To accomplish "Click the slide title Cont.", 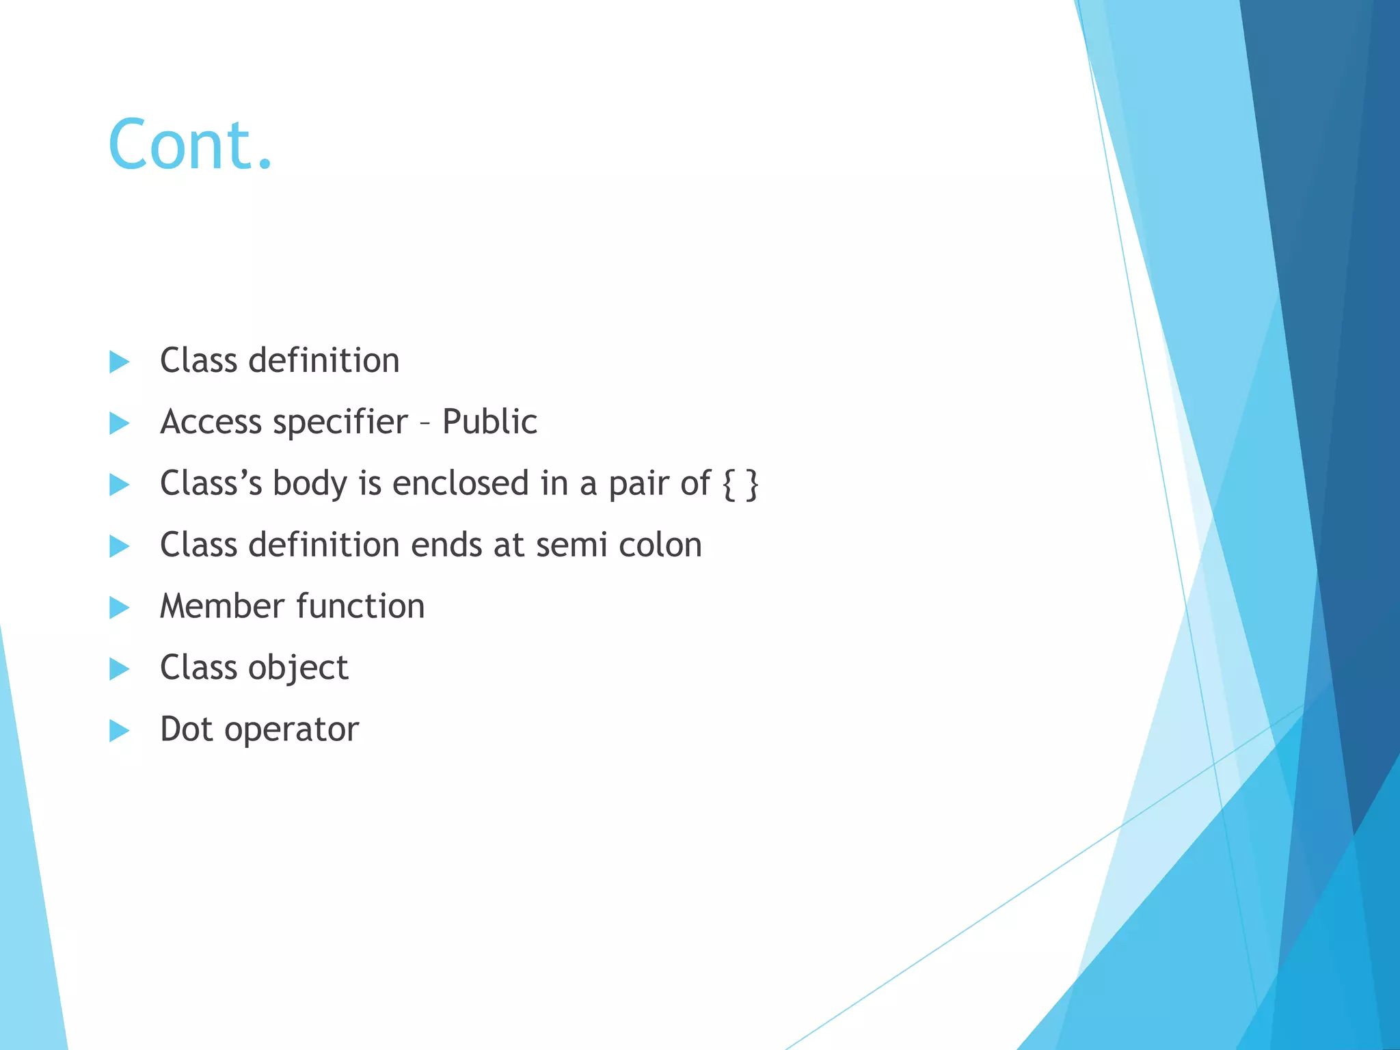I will [x=190, y=144].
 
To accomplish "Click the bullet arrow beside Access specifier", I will [x=120, y=423].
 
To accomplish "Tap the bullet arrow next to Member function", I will [x=120, y=607].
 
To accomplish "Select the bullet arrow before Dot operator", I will [x=120, y=730].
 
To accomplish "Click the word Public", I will [x=489, y=421].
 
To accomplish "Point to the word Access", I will [x=211, y=422].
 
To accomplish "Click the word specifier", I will [x=340, y=422].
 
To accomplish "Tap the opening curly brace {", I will [x=729, y=484].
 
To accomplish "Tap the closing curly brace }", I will [x=752, y=484].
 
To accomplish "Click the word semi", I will [x=571, y=545].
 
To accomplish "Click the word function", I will [x=360, y=606].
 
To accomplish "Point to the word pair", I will [x=638, y=484].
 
